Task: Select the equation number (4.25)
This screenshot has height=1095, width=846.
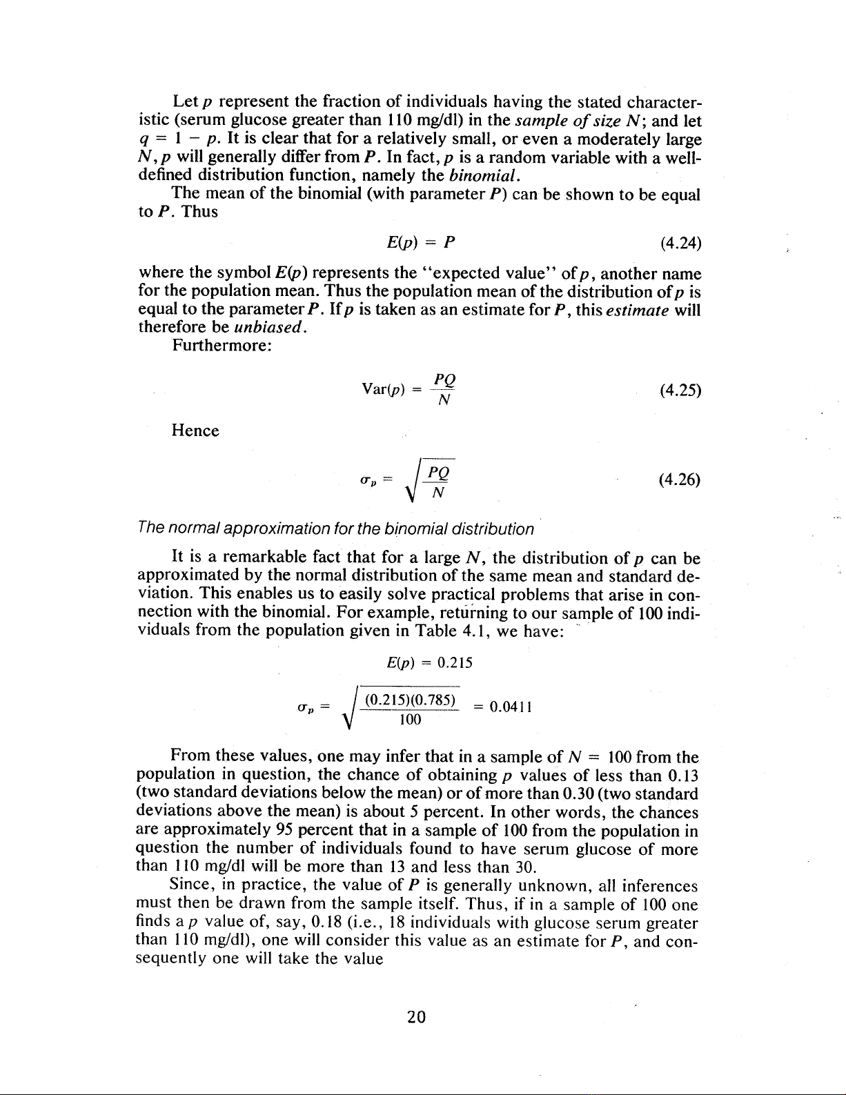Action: click(x=680, y=391)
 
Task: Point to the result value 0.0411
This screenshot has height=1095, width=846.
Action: click(x=509, y=707)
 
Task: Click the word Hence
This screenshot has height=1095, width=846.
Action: click(x=195, y=431)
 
